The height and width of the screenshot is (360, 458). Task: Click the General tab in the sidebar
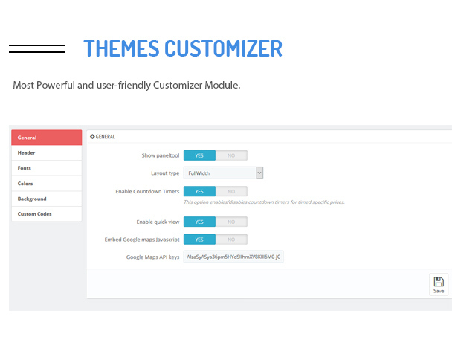(x=46, y=138)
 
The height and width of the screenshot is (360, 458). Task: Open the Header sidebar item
(x=46, y=152)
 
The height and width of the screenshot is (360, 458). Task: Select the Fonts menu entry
(x=46, y=168)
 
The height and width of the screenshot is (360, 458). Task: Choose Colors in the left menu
(x=46, y=184)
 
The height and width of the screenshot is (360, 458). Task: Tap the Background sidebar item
(x=46, y=199)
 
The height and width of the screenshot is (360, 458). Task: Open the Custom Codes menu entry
(x=46, y=214)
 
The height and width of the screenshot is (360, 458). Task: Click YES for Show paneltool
(x=199, y=155)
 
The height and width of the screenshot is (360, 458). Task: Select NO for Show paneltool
(x=231, y=155)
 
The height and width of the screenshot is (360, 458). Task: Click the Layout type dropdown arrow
(x=259, y=173)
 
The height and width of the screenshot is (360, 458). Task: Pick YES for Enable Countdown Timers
(x=199, y=191)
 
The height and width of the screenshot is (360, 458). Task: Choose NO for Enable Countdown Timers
(x=231, y=191)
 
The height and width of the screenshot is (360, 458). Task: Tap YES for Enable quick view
(x=199, y=222)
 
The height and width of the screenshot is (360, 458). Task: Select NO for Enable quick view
(x=231, y=222)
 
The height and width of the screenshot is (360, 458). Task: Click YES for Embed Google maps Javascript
(x=199, y=240)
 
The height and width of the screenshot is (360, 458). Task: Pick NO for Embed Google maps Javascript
(x=231, y=240)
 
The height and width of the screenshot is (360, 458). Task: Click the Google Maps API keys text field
(x=233, y=257)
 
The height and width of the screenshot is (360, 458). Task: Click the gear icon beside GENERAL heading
(x=92, y=136)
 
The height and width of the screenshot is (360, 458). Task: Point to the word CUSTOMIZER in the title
(x=224, y=48)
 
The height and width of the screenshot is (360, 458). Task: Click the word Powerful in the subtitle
(x=56, y=85)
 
